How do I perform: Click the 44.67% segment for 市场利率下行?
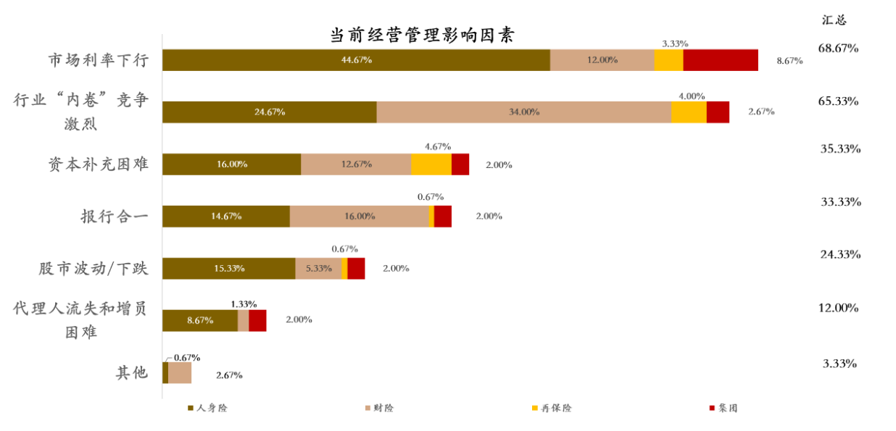(356, 60)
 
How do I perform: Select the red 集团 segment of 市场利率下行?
(721, 60)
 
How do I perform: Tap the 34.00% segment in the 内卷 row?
(523, 112)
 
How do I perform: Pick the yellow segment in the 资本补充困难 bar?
(431, 164)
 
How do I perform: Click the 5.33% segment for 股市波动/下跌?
(318, 268)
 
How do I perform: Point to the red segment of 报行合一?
(443, 217)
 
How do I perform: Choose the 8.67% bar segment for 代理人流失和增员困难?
(200, 320)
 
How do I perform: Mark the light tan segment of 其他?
(180, 372)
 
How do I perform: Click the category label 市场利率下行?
(99, 60)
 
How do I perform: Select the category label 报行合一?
(115, 217)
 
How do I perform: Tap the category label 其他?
(131, 373)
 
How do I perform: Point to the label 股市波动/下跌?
(94, 269)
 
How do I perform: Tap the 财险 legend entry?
(379, 409)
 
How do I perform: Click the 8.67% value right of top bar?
(789, 61)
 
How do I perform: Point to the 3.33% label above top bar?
(675, 43)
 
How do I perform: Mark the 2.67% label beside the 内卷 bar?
(761, 112)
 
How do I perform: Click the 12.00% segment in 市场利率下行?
(602, 60)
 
